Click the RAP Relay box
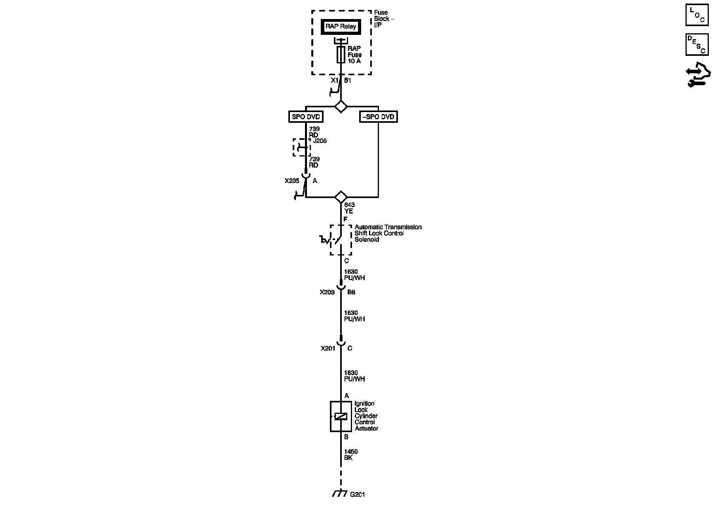pyautogui.click(x=341, y=27)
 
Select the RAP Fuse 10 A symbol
pyautogui.click(x=341, y=55)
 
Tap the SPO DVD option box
pyautogui.click(x=306, y=117)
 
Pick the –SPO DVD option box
pyautogui.click(x=378, y=117)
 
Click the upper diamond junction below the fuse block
pyautogui.click(x=341, y=107)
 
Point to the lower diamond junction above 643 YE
pyautogui.click(x=341, y=197)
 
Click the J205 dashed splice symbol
pyautogui.click(x=302, y=147)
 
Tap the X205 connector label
pyautogui.click(x=292, y=181)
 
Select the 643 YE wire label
pyautogui.click(x=349, y=208)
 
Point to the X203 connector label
pyautogui.click(x=327, y=292)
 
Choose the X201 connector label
pyautogui.click(x=328, y=349)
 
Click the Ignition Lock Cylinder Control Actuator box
pyautogui.click(x=341, y=416)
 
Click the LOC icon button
pyautogui.click(x=697, y=15)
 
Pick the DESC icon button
pyautogui.click(x=697, y=44)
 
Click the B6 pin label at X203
pyautogui.click(x=351, y=292)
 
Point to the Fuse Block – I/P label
pyautogui.click(x=384, y=19)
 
